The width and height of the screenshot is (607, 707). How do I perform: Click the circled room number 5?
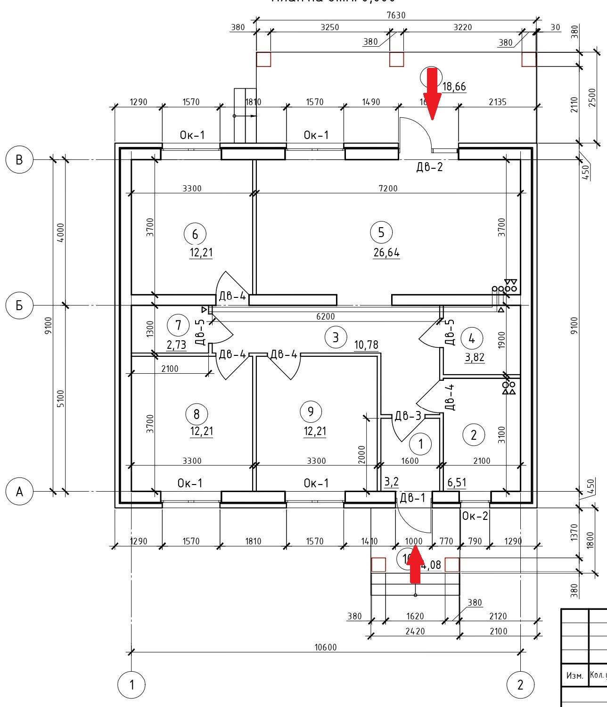381,232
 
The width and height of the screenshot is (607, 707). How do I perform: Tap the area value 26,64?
386,253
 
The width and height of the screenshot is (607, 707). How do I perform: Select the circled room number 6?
195,234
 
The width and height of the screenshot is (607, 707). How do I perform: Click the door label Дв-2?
429,166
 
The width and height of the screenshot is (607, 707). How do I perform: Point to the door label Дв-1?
412,498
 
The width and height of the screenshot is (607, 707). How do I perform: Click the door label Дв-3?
408,416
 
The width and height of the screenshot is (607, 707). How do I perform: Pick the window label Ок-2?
475,516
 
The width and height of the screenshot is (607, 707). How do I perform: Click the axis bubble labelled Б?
19,305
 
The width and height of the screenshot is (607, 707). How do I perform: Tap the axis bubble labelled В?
19,159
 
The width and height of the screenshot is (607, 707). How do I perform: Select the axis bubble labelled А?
19,492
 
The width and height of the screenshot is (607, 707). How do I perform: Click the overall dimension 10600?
326,647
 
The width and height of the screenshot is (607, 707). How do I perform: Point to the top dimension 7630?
396,15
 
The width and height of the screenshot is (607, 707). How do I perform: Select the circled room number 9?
311,411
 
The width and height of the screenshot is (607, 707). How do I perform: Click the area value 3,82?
475,357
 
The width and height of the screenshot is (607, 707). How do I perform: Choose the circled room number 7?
178,325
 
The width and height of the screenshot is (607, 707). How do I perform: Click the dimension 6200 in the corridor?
325,317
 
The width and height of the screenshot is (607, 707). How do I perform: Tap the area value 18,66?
454,87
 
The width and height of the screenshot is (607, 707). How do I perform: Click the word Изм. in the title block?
574,675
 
